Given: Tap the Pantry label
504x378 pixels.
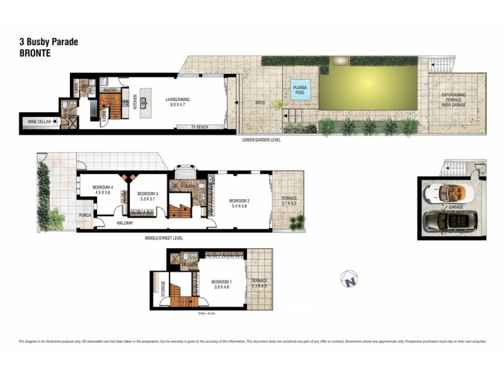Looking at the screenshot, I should (x=110, y=81).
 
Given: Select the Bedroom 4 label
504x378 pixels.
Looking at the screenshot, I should (x=102, y=190).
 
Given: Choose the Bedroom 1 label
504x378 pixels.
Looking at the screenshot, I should (x=221, y=283).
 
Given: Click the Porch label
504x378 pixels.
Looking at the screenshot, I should (x=85, y=215).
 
